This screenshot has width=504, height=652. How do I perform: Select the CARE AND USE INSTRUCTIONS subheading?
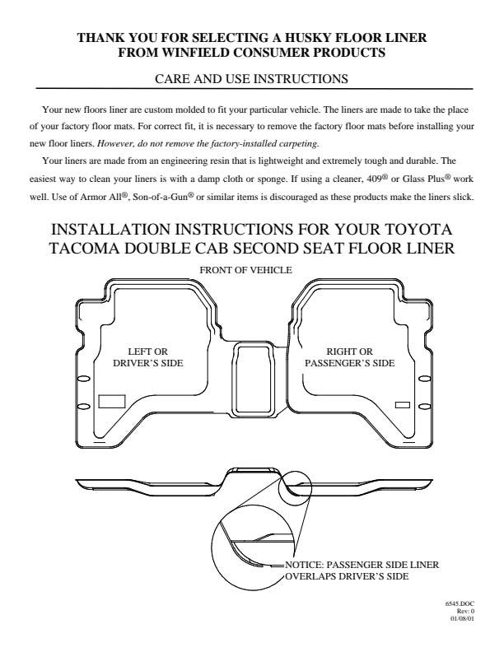[x=251, y=78]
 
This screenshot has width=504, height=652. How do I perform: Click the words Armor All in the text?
[x=100, y=197]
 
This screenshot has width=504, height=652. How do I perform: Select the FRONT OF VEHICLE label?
[x=245, y=270]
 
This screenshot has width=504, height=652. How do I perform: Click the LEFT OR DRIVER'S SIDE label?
[x=148, y=357]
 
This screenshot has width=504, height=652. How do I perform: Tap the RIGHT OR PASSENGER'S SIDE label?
[x=350, y=357]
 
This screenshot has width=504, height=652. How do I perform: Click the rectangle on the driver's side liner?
[x=112, y=401]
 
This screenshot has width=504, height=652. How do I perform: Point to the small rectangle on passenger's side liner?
[x=402, y=405]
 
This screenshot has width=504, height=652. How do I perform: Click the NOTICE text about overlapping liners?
[x=362, y=570]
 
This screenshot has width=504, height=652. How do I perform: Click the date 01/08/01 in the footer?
[x=463, y=618]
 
